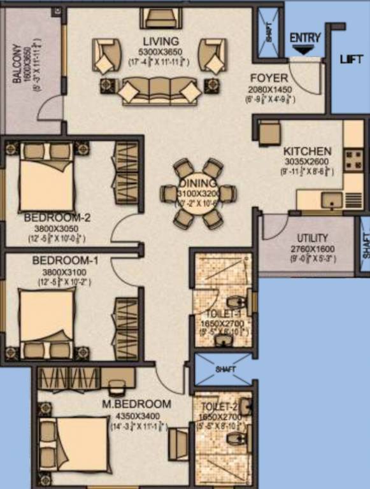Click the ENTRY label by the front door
click(305, 38)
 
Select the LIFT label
click(351, 59)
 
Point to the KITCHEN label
click(307, 151)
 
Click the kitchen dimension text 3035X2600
click(307, 162)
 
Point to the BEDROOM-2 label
click(57, 218)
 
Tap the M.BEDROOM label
click(136, 404)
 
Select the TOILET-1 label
click(219, 313)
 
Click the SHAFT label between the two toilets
click(225, 369)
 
